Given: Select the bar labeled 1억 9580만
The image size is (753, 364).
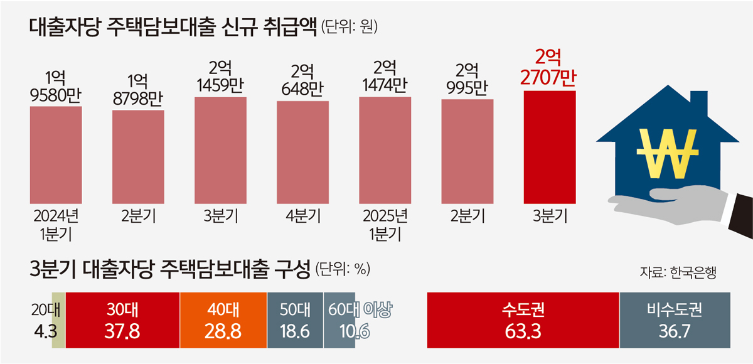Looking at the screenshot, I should [56, 154].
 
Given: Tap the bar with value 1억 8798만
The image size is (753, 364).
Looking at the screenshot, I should [138, 157].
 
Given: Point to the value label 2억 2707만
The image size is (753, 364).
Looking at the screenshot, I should [549, 68].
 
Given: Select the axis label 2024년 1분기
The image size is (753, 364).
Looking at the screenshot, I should [56, 225].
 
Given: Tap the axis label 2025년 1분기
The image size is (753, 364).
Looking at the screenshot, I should [385, 225].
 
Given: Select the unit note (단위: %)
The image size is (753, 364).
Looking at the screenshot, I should [343, 269].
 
